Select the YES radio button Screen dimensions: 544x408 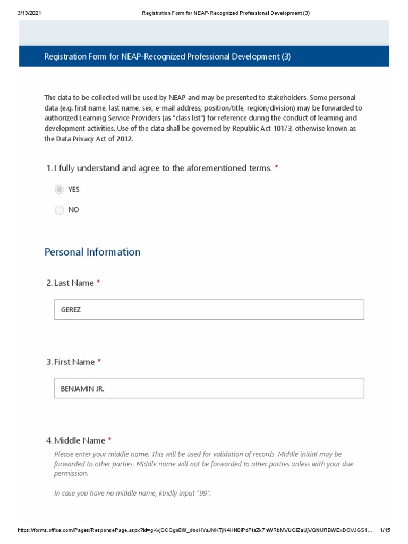point(59,190)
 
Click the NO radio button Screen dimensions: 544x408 point(59,210)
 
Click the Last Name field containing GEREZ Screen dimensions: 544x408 point(209,309)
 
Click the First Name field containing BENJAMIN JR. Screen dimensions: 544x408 point(209,388)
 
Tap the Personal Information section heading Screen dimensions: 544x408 point(92,252)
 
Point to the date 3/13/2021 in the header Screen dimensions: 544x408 point(22,13)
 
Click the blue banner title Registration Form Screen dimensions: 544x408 point(167,56)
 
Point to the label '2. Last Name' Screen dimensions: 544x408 point(70,283)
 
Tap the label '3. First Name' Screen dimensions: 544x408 point(71,362)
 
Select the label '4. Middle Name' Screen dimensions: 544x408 point(75,440)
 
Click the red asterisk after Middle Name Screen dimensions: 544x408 point(110,440)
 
